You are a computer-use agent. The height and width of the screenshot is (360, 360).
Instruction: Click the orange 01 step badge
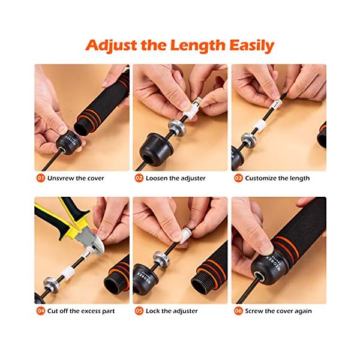[41, 178]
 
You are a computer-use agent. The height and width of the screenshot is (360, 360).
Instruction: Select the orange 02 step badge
[139, 178]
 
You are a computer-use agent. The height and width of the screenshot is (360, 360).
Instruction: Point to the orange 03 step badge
[238, 178]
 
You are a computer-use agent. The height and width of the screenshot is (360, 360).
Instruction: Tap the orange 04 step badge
[41, 311]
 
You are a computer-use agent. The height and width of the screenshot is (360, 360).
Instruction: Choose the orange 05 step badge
[139, 311]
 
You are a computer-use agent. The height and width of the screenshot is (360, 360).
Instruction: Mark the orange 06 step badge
[238, 311]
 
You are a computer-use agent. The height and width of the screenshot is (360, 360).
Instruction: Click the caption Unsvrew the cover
[76, 178]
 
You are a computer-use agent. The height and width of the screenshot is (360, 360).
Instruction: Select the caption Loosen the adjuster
[176, 178]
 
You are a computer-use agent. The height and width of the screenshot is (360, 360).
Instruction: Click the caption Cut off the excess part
[82, 311]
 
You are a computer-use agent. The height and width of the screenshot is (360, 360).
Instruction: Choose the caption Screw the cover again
[279, 311]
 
